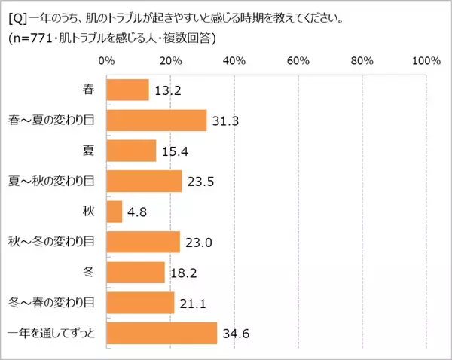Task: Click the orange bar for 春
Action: click(128, 90)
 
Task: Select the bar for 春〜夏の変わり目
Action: click(157, 121)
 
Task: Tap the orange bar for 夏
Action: click(132, 151)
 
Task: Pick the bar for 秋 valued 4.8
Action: click(115, 212)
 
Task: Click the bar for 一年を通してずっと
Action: click(162, 333)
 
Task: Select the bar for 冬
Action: click(136, 272)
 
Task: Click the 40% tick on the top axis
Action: click(235, 60)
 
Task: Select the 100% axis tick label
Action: click(426, 60)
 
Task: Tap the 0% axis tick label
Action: click(107, 60)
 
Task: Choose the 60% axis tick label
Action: click(299, 60)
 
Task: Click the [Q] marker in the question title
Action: click(16, 17)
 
